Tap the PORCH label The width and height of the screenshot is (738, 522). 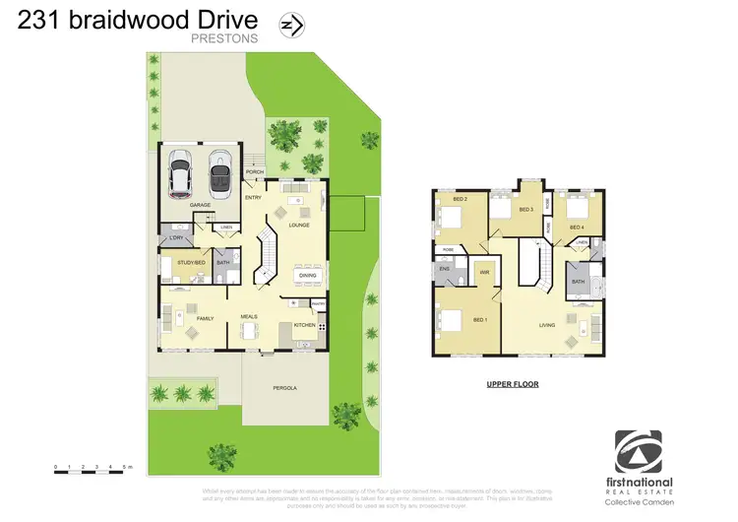(253, 171)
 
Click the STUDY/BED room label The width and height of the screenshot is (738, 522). (191, 263)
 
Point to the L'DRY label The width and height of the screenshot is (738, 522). (177, 239)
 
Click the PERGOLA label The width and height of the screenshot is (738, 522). (284, 388)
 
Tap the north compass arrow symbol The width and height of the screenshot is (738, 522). (290, 23)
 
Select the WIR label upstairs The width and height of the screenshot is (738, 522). (485, 271)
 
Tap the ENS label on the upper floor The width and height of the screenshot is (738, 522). (445, 267)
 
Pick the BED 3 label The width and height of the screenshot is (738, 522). (525, 210)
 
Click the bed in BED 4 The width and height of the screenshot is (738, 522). (576, 207)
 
